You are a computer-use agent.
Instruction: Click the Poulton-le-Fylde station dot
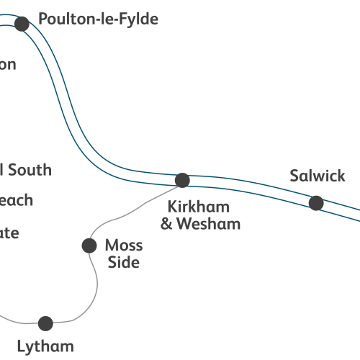tap(22, 24)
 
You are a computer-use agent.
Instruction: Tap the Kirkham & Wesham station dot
tap(182, 180)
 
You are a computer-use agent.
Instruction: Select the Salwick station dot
tap(316, 203)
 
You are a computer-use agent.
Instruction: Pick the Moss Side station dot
tap(89, 246)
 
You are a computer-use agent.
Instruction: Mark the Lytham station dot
tap(45, 323)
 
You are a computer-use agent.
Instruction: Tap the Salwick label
tap(318, 176)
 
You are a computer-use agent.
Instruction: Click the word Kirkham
tap(199, 207)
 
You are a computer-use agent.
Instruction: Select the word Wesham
tap(210, 224)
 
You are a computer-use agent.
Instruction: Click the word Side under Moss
tap(123, 262)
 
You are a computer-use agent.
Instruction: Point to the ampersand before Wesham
tap(166, 224)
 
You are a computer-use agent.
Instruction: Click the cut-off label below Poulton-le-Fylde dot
tap(7, 64)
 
